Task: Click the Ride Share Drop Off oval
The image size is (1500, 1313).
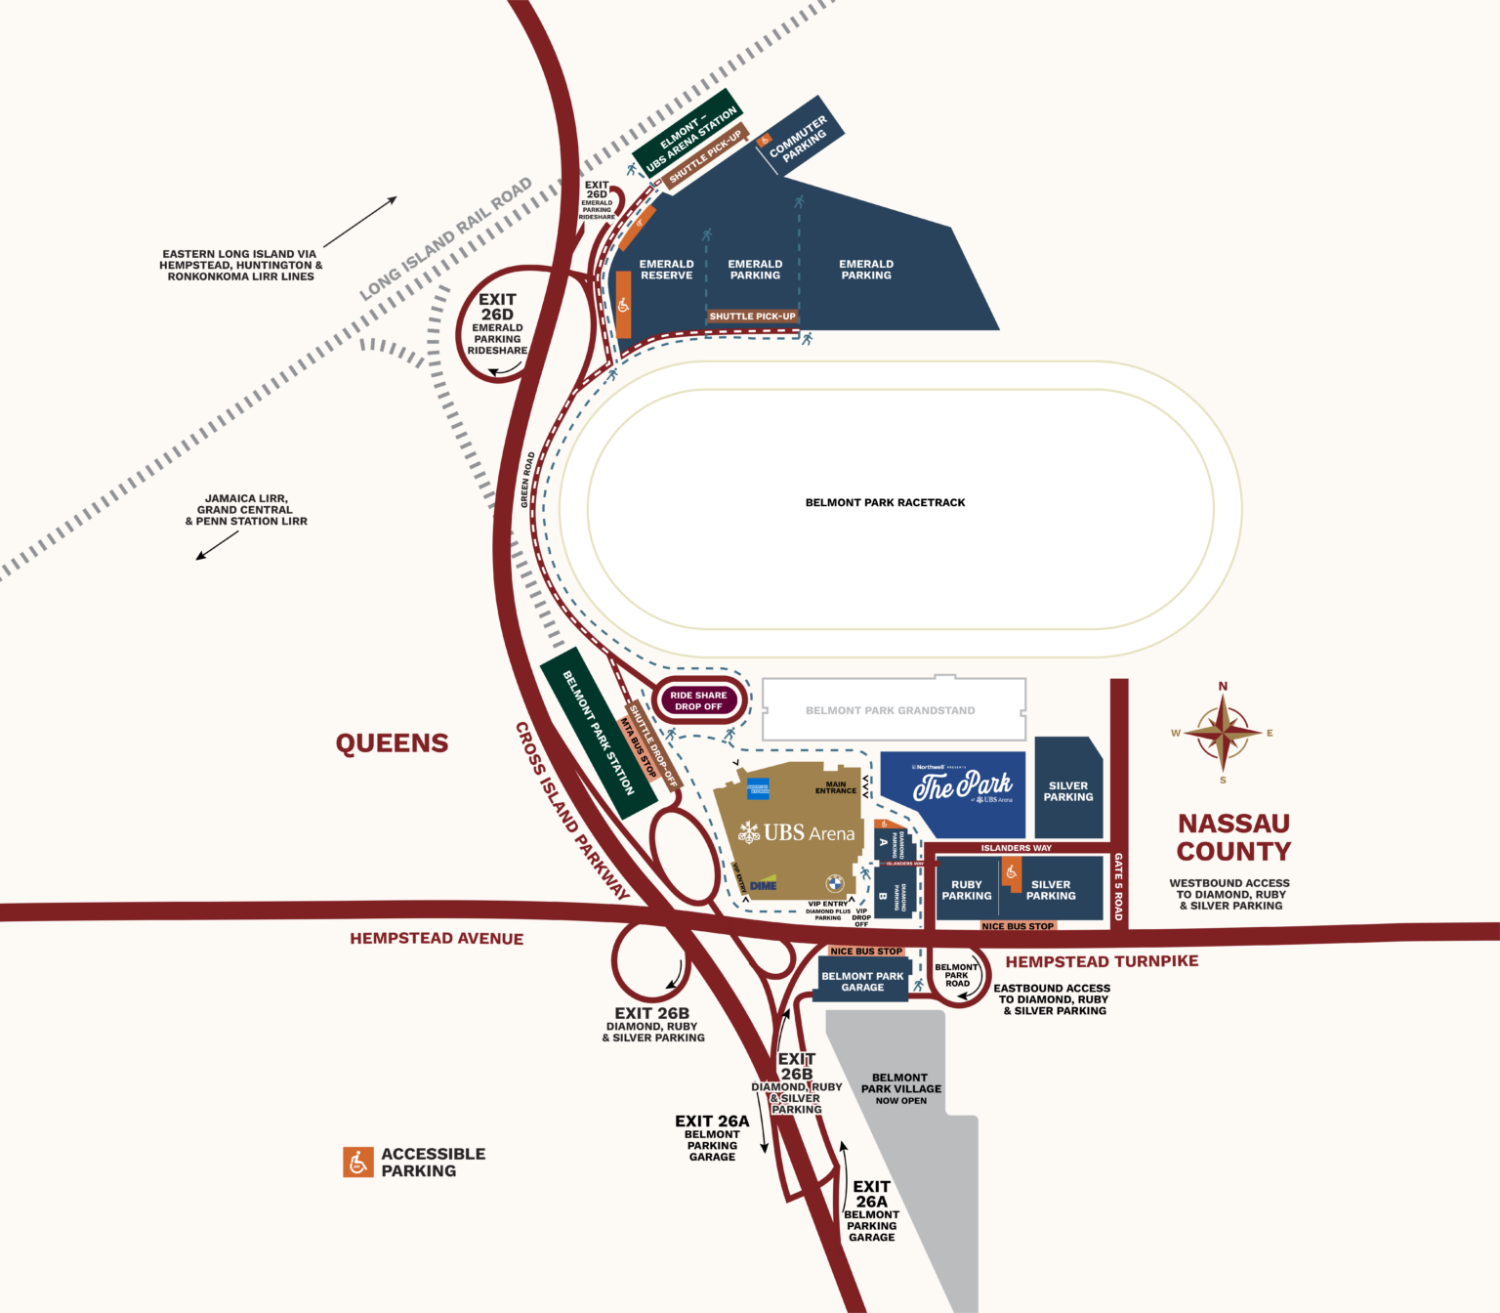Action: point(698,700)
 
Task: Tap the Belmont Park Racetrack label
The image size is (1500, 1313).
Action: point(885,502)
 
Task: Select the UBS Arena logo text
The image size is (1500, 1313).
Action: point(809,833)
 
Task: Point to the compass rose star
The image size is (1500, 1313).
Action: point(1223,733)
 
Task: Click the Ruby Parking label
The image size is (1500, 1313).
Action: point(966,890)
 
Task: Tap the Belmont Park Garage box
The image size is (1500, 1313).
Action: point(862,981)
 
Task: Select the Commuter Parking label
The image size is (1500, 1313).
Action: point(798,139)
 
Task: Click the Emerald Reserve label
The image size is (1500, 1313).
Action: point(666,270)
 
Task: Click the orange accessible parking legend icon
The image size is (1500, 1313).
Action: point(358,1162)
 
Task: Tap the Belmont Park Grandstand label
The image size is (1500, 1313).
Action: point(890,710)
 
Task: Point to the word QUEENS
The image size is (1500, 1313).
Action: point(392,743)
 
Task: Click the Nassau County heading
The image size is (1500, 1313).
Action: point(1233,837)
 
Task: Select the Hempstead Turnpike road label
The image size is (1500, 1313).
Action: point(1102,961)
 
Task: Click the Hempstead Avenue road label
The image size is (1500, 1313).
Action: point(437,939)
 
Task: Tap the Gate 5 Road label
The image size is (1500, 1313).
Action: point(1119,886)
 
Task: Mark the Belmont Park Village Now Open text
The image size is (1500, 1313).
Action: point(900,1088)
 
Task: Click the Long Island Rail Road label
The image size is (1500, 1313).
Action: point(446,238)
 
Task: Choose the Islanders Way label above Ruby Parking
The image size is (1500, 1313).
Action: point(1016,848)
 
